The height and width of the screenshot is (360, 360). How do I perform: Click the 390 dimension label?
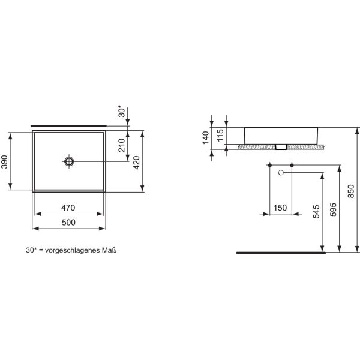pos(4,162)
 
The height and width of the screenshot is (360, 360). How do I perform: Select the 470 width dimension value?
pos(68,208)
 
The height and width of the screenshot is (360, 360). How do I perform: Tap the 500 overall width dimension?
pos(68,222)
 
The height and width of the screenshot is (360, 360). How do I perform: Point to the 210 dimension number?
pos(121,145)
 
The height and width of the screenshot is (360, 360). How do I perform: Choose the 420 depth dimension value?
pos(136,163)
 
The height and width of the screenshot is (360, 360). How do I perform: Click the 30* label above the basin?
pos(122,111)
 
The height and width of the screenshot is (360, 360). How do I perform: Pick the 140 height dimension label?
pos(206,137)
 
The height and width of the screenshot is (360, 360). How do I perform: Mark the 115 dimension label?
pos(220,135)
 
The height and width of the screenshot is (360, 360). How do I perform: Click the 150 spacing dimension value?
pos(280,208)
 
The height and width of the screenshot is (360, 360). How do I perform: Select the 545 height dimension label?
pos(316,212)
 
